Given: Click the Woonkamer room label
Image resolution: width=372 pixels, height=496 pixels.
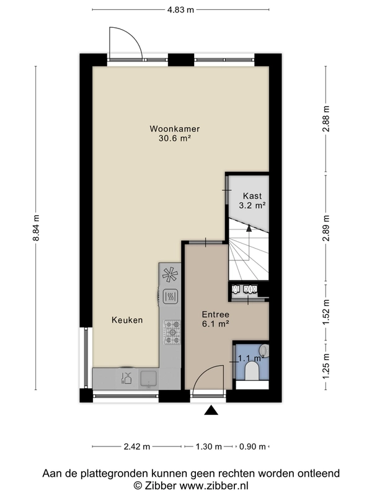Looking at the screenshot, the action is tap(175, 129).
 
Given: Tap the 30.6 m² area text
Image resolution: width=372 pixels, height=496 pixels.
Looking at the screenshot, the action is tap(175, 138).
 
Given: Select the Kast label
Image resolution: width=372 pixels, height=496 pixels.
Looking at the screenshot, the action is tap(252, 196).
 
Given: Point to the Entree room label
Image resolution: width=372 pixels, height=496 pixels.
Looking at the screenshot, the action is tap(215, 314).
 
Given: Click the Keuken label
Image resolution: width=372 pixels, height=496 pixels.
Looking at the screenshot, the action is tap(127, 320).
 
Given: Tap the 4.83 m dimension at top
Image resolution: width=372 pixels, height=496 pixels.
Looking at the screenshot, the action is tap(180, 10).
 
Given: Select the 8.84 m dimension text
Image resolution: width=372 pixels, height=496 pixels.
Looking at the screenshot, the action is tap(36, 228).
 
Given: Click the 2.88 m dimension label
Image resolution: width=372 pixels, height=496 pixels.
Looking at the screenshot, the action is tap(326, 119).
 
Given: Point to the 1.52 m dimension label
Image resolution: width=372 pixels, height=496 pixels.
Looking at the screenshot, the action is tap(326, 312).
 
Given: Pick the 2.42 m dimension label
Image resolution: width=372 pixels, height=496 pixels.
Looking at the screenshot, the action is tap(136, 446).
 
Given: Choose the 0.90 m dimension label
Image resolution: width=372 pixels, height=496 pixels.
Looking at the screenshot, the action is tap(252, 446).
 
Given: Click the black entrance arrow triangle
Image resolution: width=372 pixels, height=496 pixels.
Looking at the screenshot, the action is tap(211, 410).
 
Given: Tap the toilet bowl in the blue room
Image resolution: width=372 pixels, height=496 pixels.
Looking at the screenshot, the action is tap(252, 371).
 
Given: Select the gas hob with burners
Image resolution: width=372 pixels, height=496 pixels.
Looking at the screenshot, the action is tap(172, 332).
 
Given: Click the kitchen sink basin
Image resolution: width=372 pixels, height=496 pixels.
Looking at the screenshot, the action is tap(149, 379).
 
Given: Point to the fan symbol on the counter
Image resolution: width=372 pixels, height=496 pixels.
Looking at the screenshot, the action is tap(170, 274).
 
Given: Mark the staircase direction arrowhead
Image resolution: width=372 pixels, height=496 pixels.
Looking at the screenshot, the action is tap(249, 228).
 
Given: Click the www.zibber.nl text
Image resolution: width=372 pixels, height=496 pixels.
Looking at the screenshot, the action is tap(213, 485).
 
